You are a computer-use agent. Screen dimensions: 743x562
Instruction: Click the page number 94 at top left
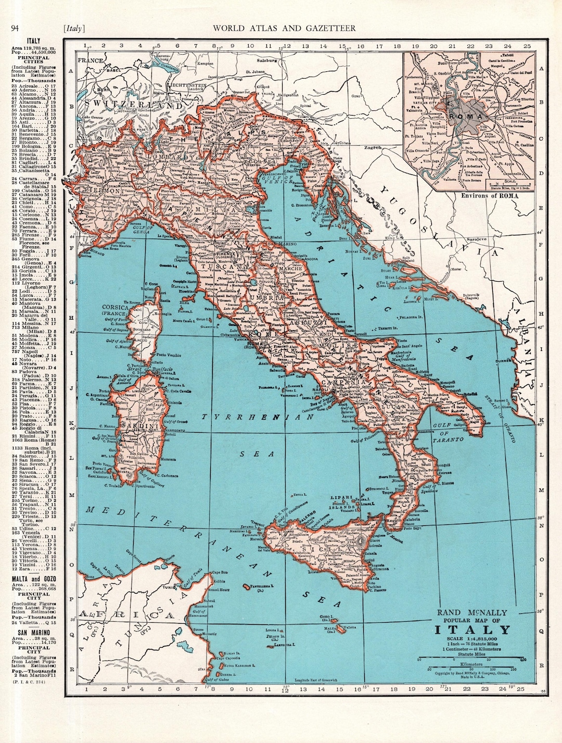(15, 28)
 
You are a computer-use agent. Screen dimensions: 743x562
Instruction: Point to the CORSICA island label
(115, 307)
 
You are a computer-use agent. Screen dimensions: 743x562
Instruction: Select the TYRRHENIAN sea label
(251, 418)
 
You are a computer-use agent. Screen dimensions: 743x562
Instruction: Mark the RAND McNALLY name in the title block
(471, 613)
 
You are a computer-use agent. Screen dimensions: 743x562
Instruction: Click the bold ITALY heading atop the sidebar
(34, 41)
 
